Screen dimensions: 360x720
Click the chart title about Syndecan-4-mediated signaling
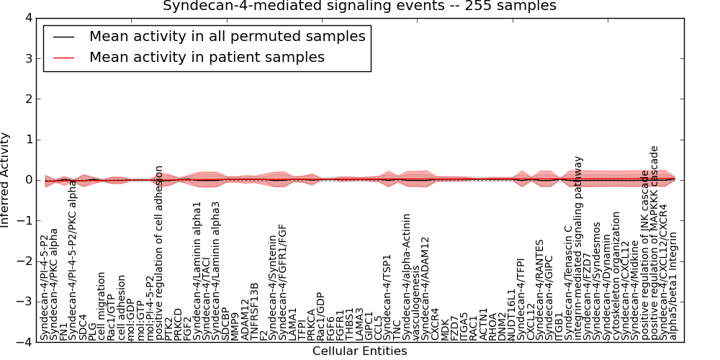pyautogui.click(x=359, y=6)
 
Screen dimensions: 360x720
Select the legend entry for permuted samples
pyautogui.click(x=227, y=36)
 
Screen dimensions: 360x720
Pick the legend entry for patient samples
pyautogui.click(x=207, y=57)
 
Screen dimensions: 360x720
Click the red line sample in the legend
pyautogui.click(x=63, y=58)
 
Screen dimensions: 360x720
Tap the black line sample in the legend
pyautogui.click(x=63, y=37)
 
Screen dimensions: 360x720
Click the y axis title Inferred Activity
pyautogui.click(x=6, y=180)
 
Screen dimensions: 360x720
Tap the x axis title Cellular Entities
pyautogui.click(x=359, y=351)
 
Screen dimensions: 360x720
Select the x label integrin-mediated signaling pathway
pyautogui.click(x=579, y=248)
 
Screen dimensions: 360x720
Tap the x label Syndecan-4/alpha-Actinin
pyautogui.click(x=407, y=276)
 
